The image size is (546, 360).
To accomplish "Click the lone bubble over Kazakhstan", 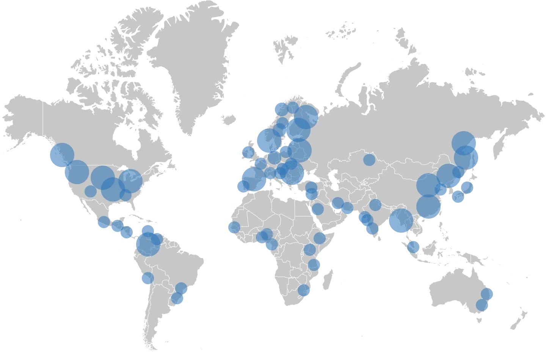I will tap(369, 160).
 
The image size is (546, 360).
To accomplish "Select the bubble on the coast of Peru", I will tap(147, 279).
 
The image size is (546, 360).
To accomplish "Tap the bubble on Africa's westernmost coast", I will tap(234, 228).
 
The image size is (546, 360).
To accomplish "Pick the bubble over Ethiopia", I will tap(320, 238).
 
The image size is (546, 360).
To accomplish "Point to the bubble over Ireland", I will tap(247, 152).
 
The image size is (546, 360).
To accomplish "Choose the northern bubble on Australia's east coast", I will tap(487, 294).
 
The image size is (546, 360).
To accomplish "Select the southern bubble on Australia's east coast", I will tap(482, 305).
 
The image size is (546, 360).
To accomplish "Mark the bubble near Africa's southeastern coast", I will tap(304, 291).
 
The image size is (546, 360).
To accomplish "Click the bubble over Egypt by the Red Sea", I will tap(318, 208).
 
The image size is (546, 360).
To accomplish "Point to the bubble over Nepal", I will tap(375, 205).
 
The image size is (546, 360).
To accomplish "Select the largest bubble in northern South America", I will tap(148, 244).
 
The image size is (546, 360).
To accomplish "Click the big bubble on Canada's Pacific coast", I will tap(61, 155).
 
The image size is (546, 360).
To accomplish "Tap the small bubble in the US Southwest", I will tap(90, 191).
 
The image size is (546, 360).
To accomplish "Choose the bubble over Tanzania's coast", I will tap(314, 265).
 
